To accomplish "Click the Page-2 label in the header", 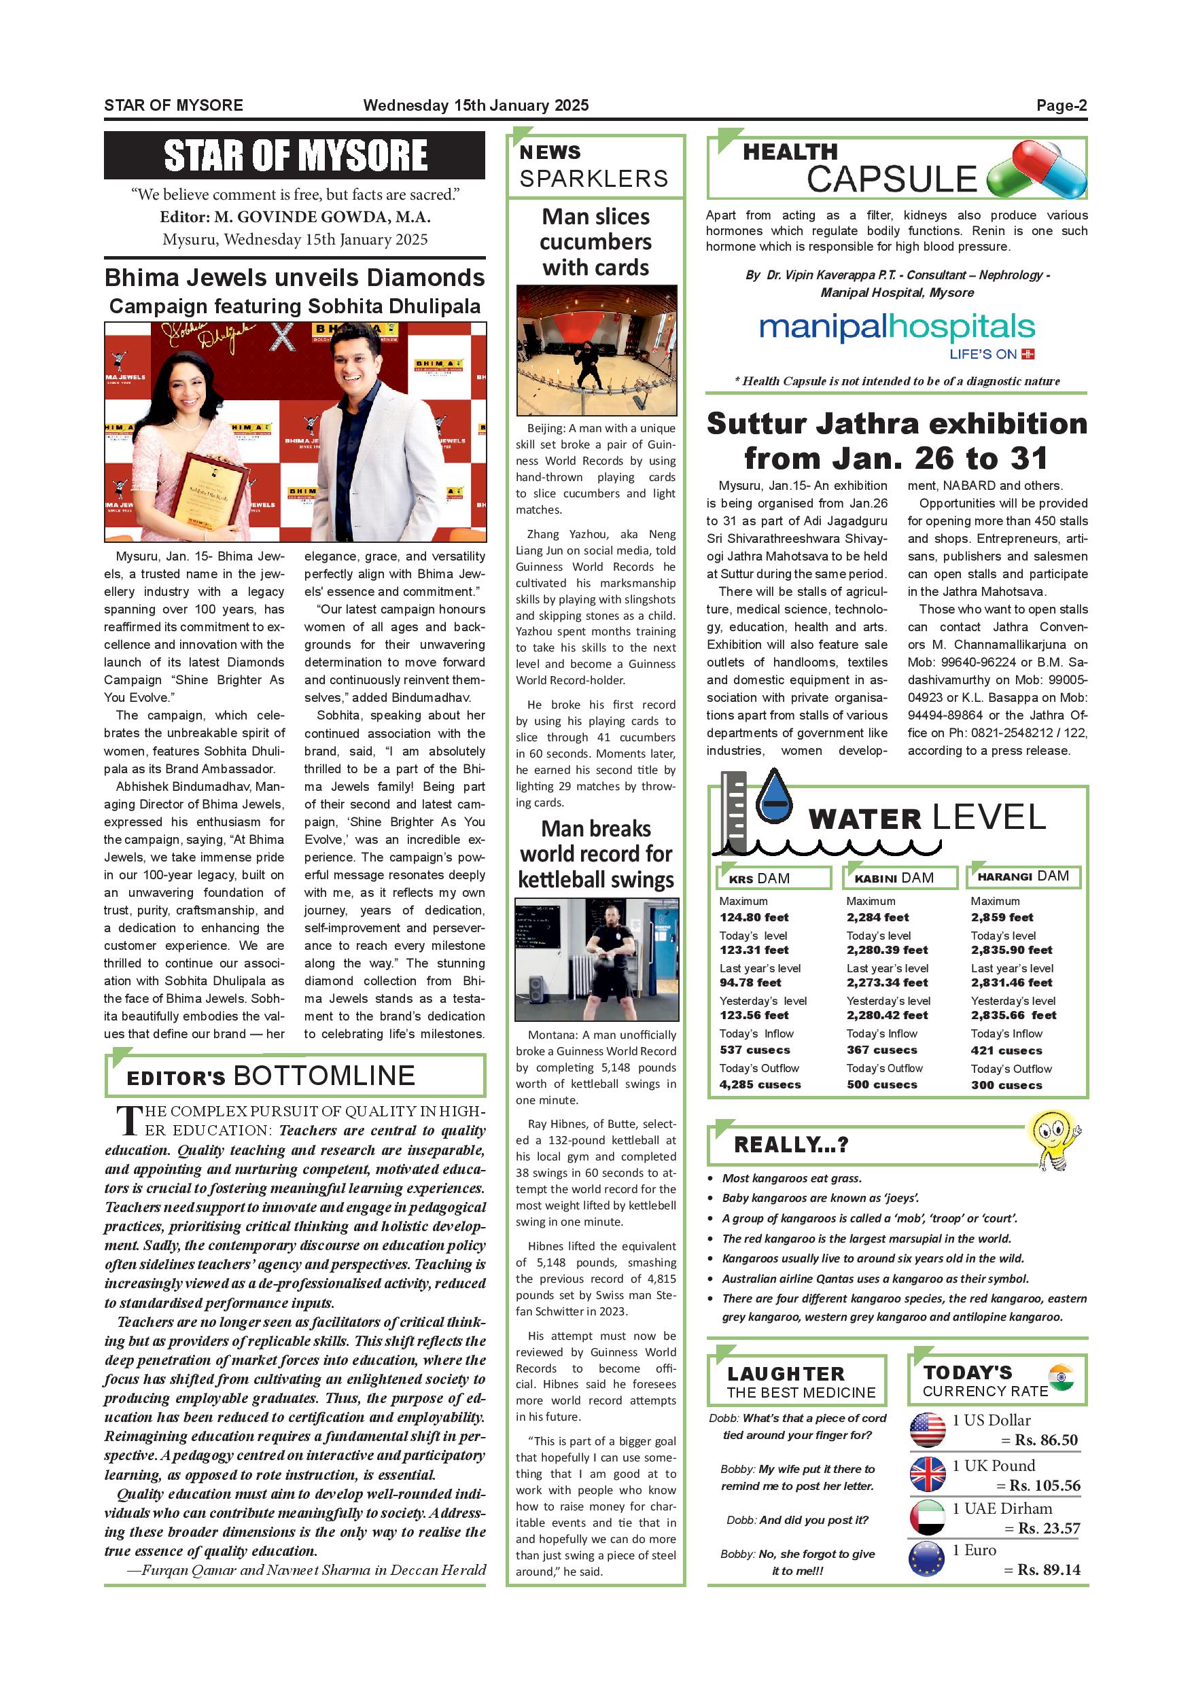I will coord(1061,105).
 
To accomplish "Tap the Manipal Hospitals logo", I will coord(896,336).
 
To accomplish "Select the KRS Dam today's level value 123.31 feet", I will coord(754,950).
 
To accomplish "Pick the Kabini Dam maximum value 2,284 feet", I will coord(877,917).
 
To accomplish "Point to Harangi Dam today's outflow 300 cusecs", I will coord(1006,1084).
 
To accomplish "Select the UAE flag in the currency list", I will coord(928,1517).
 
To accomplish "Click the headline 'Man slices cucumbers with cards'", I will coord(595,241).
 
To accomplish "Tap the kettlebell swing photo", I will coord(596,959).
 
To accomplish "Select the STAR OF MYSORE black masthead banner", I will coord(294,155).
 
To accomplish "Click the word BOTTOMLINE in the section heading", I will coord(323,1076).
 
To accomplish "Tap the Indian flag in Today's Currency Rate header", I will coord(1062,1377).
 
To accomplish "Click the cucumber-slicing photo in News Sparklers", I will coord(596,351).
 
